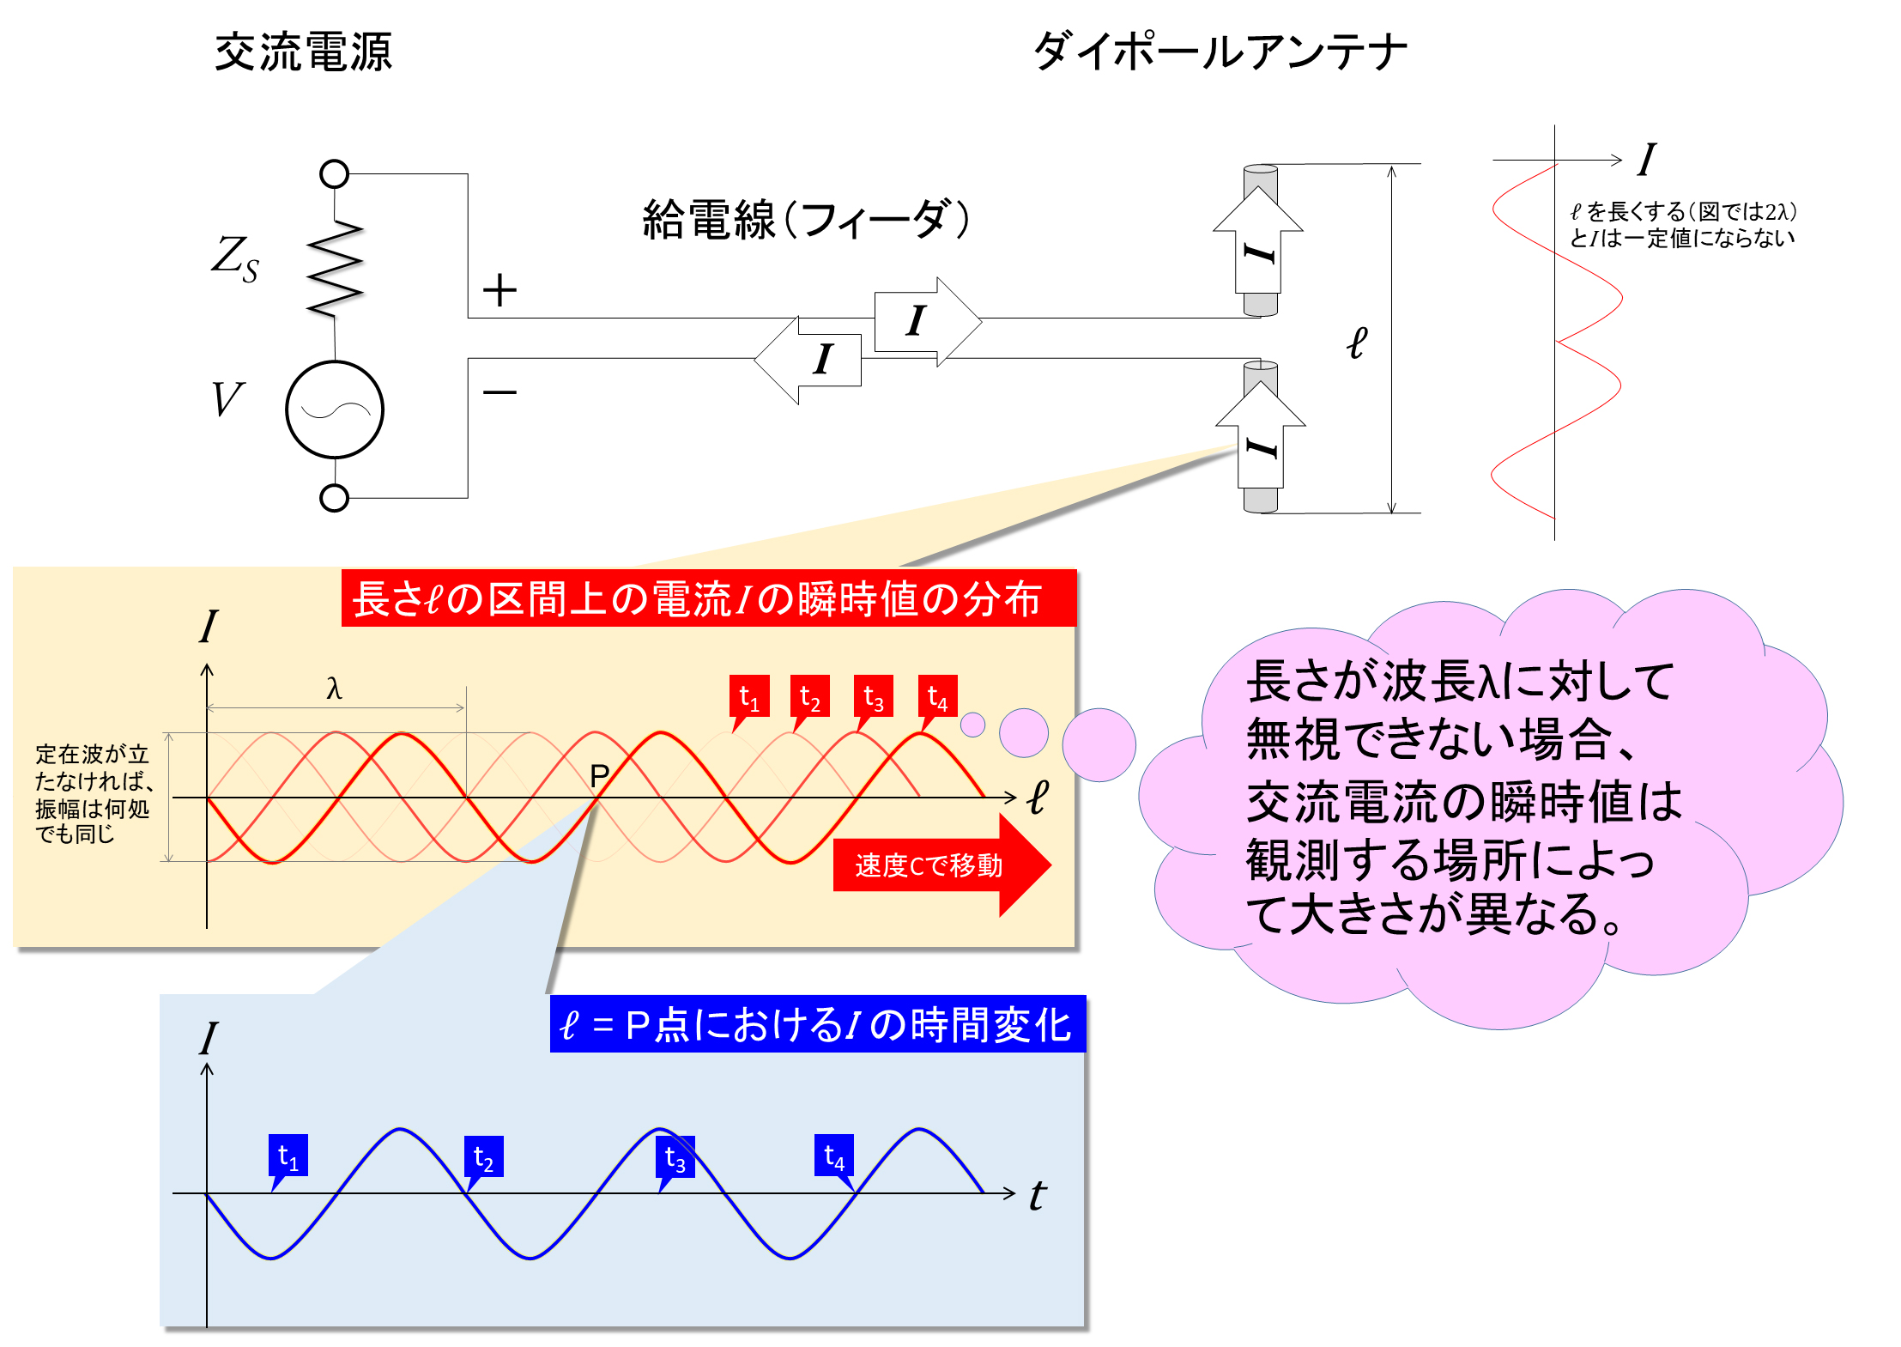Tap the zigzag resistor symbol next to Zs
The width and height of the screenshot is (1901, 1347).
pos(336,270)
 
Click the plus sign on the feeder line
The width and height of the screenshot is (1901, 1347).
pos(499,290)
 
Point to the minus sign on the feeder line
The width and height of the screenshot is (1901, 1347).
pos(499,392)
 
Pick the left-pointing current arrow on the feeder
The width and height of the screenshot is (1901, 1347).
pos(808,360)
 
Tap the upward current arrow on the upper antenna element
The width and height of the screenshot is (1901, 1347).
pos(1258,240)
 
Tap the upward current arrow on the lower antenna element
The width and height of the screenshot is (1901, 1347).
pos(1261,434)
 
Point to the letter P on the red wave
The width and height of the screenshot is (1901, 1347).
pos(599,776)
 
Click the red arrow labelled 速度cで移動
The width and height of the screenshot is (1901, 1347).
pos(941,865)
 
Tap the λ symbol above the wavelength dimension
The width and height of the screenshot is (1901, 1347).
pos(334,688)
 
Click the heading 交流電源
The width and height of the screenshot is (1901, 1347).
pos(303,52)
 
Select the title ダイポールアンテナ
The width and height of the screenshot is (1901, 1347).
pos(1220,51)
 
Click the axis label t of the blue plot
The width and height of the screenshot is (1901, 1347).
pos(1038,1195)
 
